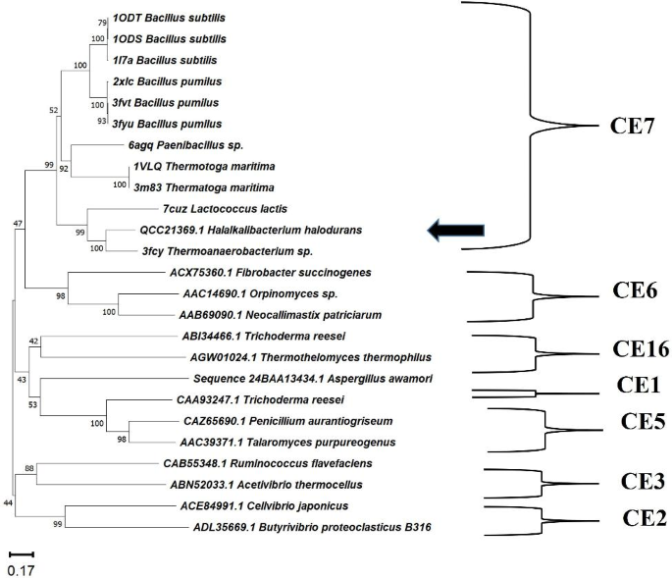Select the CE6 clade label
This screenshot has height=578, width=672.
pos(628,290)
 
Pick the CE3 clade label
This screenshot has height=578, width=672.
pos(630,481)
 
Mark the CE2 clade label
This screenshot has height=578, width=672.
pos(630,517)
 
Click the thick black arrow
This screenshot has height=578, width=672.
pos(457,230)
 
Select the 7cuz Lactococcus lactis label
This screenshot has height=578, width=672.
pos(252,209)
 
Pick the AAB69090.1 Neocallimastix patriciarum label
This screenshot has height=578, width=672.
pos(267,314)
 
